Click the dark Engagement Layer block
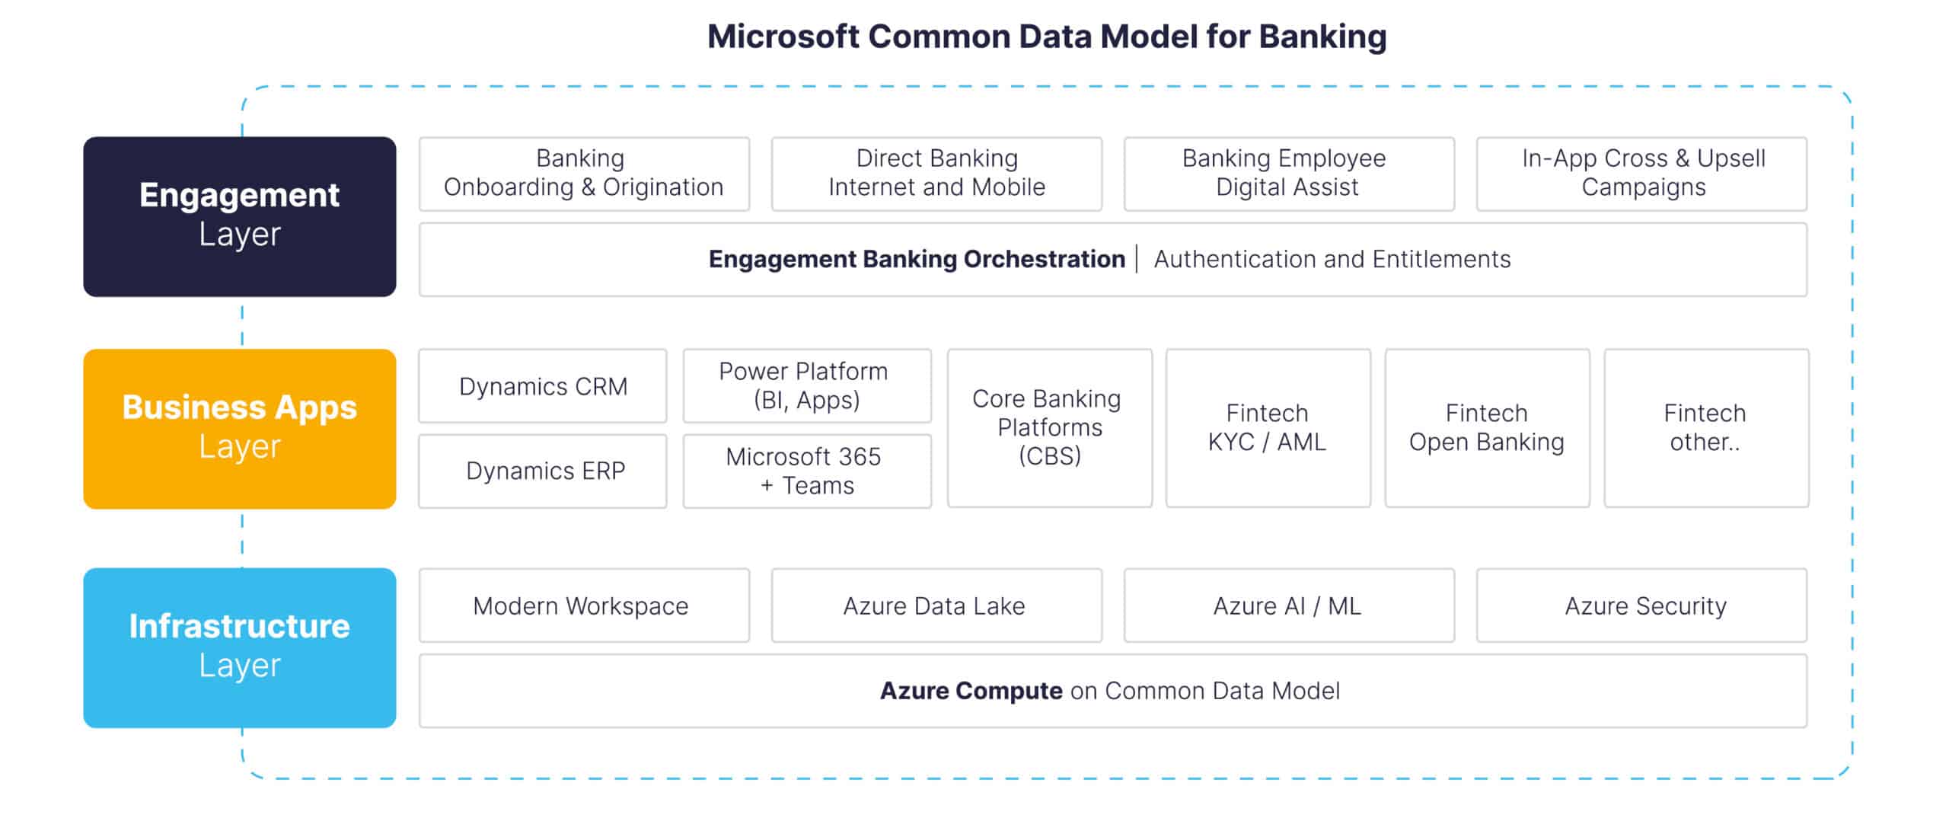coord(240,216)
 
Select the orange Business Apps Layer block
coord(240,429)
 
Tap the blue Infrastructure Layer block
coord(240,647)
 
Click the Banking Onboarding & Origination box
coord(584,174)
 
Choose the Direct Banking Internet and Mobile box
coord(936,174)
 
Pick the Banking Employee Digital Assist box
coord(1289,174)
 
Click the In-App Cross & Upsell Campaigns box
coord(1641,174)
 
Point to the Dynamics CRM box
coord(543,386)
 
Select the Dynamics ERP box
coord(543,471)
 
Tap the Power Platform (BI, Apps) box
coord(807,386)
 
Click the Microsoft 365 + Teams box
coord(807,471)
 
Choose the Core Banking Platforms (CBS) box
coord(1050,428)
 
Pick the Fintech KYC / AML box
coord(1268,428)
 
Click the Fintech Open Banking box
coord(1488,428)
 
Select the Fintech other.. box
coord(1706,428)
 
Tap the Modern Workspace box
coord(584,606)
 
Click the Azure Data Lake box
coord(936,606)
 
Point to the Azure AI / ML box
coord(1289,606)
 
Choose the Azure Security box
coord(1641,606)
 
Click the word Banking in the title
coord(1322,37)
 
